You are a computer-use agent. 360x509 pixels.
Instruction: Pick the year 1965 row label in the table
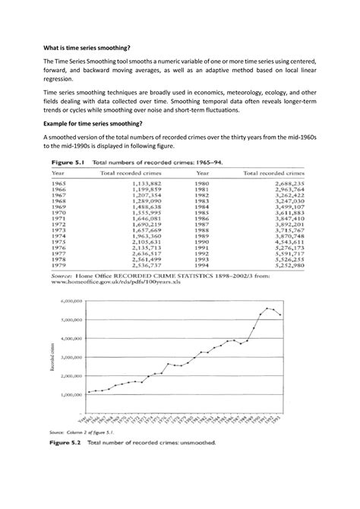pyautogui.click(x=58, y=183)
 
